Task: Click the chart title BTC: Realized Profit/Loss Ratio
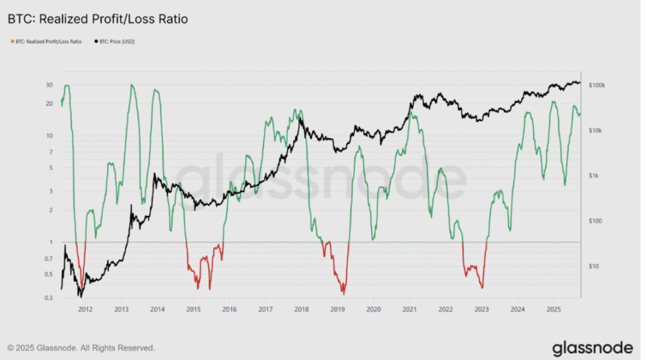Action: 98,19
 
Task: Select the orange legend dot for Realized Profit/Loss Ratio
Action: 13,41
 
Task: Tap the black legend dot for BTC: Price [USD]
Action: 96,41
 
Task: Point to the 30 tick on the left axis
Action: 49,85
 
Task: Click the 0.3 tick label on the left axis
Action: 49,297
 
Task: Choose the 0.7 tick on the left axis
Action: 49,259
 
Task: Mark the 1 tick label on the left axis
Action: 51,242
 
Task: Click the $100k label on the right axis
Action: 596,85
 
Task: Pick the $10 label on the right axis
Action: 593,267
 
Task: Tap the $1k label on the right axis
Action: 593,176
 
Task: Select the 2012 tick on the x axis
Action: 85,309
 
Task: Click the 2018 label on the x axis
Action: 301,309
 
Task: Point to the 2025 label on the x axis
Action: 553,309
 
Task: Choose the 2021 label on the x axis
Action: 409,309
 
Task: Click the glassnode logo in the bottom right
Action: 593,348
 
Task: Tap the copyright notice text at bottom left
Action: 82,348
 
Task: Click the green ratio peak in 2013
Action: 131,85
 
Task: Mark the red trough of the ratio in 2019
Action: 343,293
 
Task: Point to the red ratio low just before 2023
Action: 482,287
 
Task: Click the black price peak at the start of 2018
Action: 300,119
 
